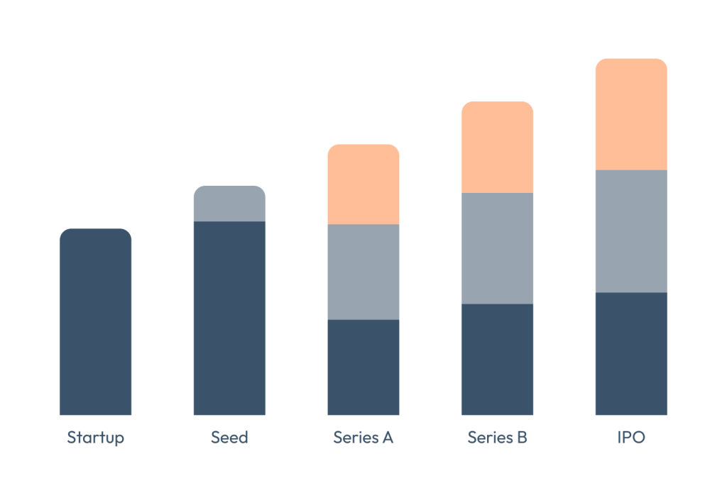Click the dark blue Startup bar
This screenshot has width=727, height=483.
tap(95, 322)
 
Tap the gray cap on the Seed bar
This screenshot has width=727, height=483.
tap(229, 204)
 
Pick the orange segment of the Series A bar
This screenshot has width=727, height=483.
tap(363, 184)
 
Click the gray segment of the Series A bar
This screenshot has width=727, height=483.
tap(363, 272)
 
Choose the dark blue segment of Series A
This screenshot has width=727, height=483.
tap(363, 367)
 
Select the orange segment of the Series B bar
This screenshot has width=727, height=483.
tap(497, 148)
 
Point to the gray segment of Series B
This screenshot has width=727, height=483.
tap(497, 248)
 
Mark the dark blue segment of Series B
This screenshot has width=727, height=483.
tap(497, 360)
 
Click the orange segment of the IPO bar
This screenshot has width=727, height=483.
tap(631, 114)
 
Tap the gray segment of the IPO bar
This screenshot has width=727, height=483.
tap(631, 231)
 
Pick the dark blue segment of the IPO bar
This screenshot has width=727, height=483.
tap(631, 354)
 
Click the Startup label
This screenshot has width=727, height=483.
tap(95, 438)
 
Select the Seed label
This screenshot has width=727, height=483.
tap(229, 438)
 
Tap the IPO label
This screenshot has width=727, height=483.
tap(631, 438)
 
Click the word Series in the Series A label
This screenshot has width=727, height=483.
tap(355, 438)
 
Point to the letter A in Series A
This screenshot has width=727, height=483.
tap(388, 438)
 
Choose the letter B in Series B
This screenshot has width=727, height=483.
tap(522, 438)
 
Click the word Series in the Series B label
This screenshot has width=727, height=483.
tap(489, 438)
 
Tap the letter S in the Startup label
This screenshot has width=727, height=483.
tap(72, 438)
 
